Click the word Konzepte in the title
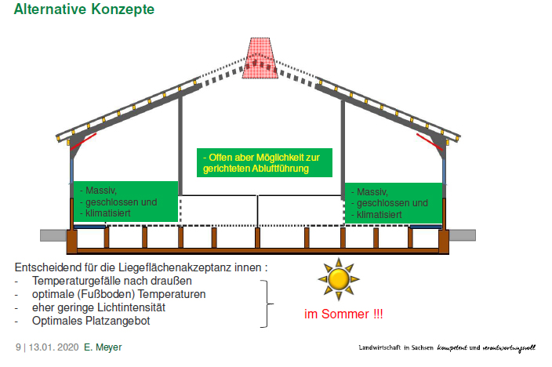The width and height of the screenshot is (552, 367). tap(122, 9)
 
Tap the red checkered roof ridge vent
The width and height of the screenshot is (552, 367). tap(260, 58)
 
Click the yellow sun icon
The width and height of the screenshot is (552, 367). tap(339, 279)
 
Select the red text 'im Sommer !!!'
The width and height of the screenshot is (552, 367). tap(343, 314)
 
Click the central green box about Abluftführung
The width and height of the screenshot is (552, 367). tap(264, 162)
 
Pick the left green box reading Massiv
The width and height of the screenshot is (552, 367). tap(125, 202)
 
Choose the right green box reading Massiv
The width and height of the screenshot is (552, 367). tap(394, 203)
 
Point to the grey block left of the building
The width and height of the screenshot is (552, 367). tap(53, 235)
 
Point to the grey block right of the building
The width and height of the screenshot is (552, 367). tap(463, 235)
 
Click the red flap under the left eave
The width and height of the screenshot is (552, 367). tap(83, 142)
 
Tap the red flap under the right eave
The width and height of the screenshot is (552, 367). tap(430, 142)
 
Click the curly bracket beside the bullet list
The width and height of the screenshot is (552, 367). tap(267, 304)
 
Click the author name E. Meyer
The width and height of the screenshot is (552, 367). tap(103, 347)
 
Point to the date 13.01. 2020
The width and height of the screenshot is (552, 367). tap(53, 347)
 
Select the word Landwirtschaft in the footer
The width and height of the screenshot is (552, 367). tap(379, 347)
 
